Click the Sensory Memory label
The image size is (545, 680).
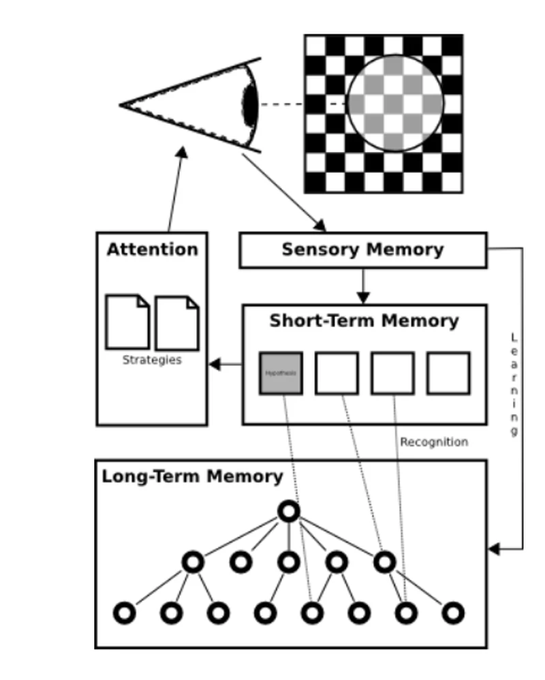coord(362,249)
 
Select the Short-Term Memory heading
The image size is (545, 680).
coord(364,321)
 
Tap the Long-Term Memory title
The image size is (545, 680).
coord(192,476)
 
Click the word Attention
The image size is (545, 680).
coord(152,249)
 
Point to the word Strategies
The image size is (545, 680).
coord(152,360)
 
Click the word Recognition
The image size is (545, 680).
coord(434,442)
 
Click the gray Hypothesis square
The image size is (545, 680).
coord(281,373)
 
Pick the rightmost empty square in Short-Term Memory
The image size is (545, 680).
coord(448,373)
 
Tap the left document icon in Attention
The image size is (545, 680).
coord(127,322)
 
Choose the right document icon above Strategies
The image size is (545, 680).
coord(177,323)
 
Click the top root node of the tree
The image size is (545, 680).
coord(289,511)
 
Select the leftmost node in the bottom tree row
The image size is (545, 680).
coord(124,613)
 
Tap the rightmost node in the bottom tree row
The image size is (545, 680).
coord(453,613)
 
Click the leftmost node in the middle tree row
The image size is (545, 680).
coord(193,562)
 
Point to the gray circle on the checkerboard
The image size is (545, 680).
coord(395,104)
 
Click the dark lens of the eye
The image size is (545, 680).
coord(250,106)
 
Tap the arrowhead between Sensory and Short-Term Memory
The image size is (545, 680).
coord(363,297)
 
